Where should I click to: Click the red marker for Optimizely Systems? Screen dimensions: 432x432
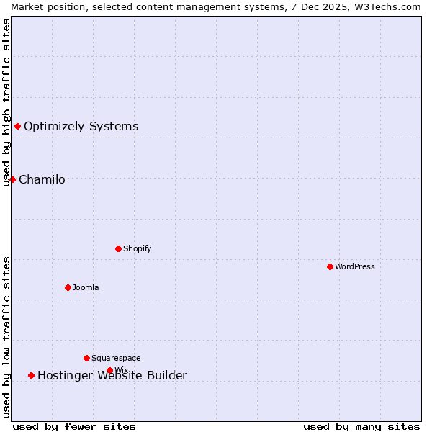click(17, 127)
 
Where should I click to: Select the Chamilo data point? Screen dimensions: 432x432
click(12, 179)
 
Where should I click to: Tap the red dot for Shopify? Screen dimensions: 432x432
click(118, 248)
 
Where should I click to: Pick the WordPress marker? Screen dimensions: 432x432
click(330, 266)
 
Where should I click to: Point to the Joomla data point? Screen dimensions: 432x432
click(68, 287)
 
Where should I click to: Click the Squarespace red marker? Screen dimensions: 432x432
click(86, 358)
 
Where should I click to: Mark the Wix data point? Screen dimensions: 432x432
click(109, 370)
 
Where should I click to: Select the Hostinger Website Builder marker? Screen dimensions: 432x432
click(31, 375)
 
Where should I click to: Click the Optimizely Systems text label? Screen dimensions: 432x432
click(81, 127)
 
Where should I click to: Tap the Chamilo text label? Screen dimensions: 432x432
click(42, 179)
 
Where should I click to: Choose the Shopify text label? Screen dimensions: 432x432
click(137, 248)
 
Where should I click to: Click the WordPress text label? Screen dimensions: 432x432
click(354, 266)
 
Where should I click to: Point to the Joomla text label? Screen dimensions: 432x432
click(86, 287)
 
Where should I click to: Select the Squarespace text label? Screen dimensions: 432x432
click(116, 358)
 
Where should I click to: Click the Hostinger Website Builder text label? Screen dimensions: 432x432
click(112, 375)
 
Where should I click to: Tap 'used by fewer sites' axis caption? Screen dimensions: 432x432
click(74, 426)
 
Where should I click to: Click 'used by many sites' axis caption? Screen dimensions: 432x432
click(361, 426)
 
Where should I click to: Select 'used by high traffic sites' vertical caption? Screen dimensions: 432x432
click(6, 102)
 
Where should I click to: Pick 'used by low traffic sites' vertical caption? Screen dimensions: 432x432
click(6, 337)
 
